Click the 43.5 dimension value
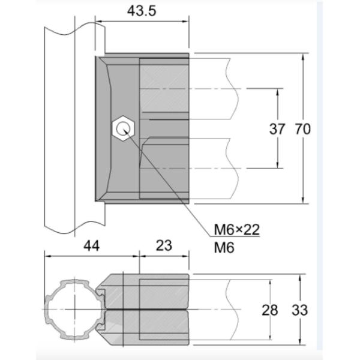pos(142,10)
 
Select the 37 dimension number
pos(277,128)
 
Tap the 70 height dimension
pos(303,128)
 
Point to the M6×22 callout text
pos(237,230)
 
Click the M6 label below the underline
pos(224,247)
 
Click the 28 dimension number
pos(271,310)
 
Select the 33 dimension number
pos(300,310)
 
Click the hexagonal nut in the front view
pos(124,128)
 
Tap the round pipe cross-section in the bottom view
pos(70,308)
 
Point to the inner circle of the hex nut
pos(124,128)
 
